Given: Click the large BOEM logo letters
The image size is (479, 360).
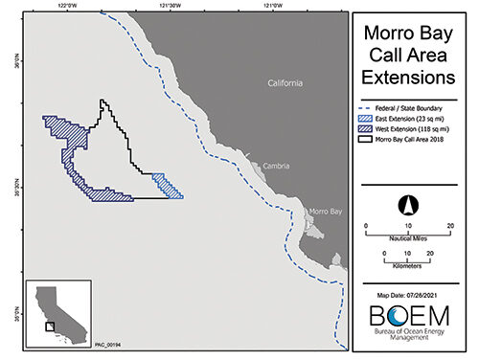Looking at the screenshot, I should point(409,316).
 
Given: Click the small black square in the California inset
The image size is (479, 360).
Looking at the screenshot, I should point(50,326).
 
